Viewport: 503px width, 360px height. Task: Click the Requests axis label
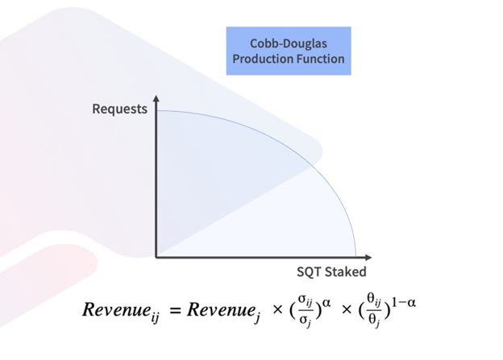(x=119, y=109)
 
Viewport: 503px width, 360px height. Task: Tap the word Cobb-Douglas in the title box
(x=288, y=43)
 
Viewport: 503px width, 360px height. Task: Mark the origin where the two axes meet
(x=156, y=257)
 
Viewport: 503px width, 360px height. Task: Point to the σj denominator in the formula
(x=305, y=320)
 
